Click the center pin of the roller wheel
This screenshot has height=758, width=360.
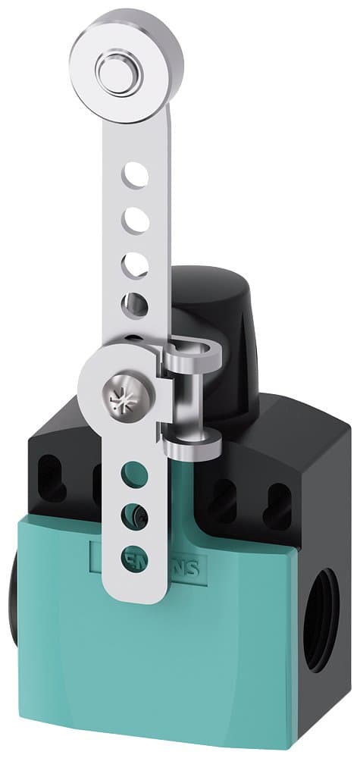click(x=113, y=72)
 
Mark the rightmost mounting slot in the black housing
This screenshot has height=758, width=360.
click(x=278, y=503)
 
